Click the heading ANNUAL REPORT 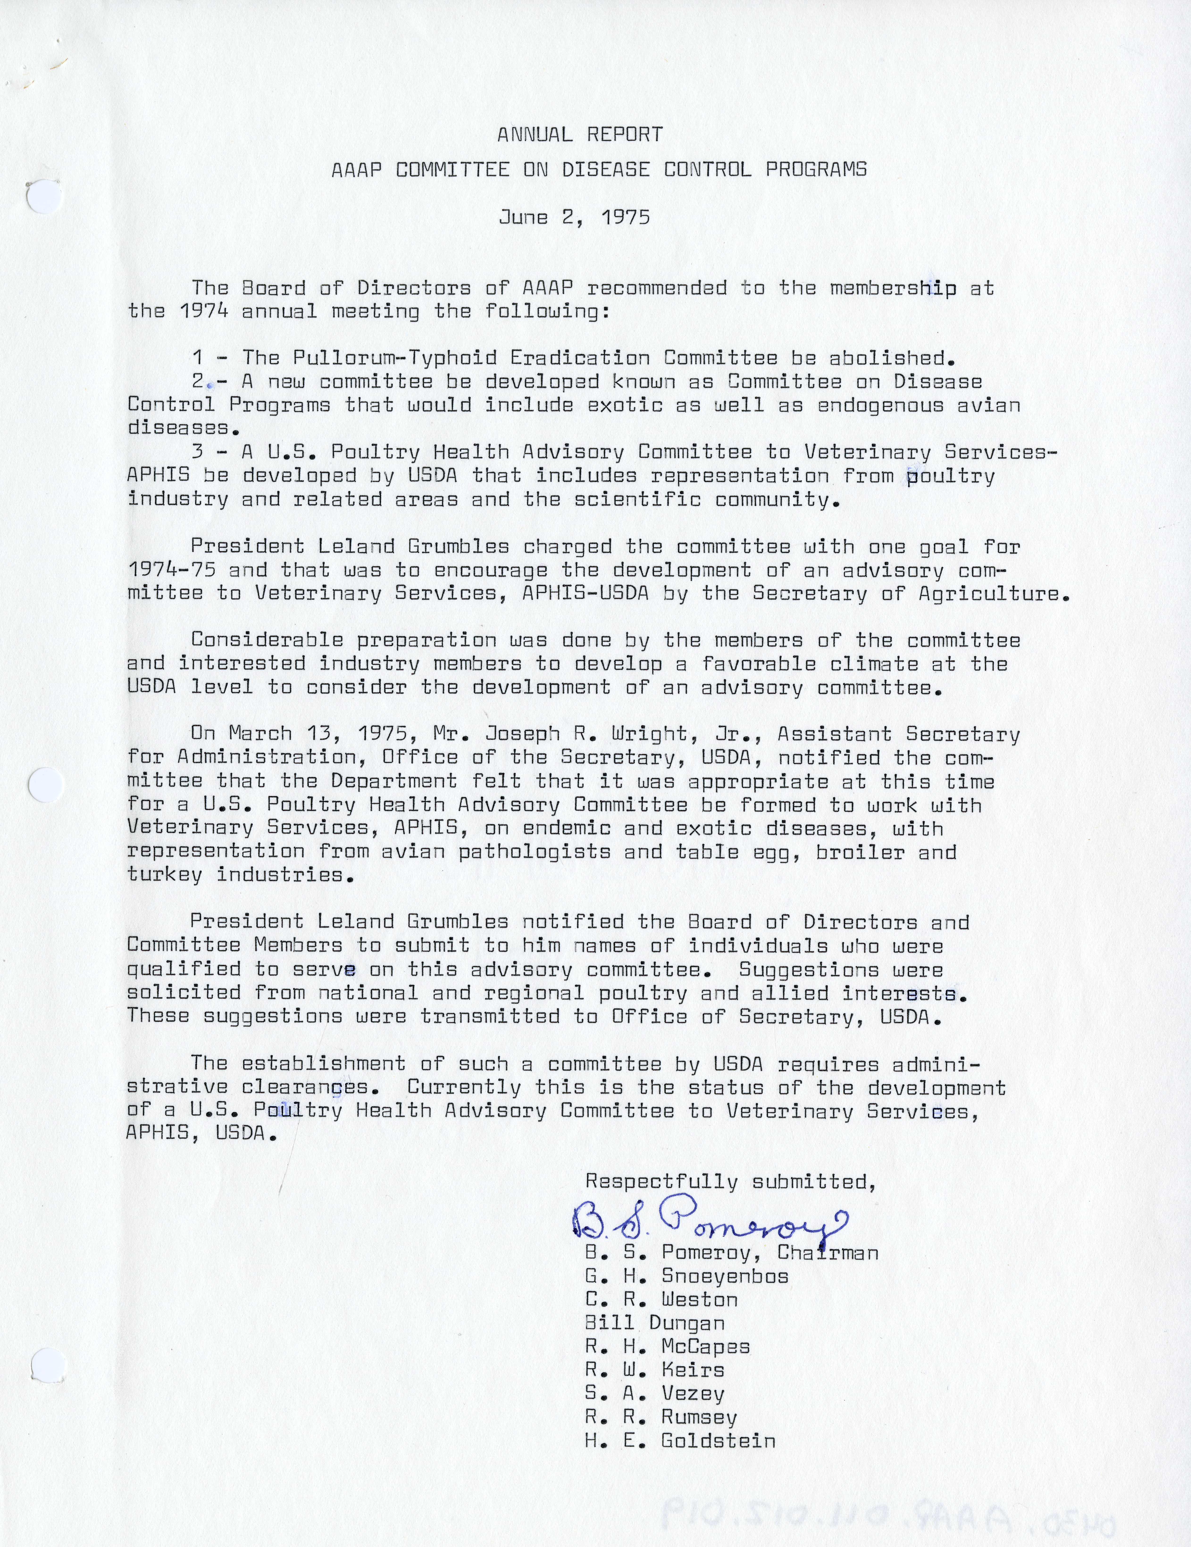tap(580, 134)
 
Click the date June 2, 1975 tap(574, 217)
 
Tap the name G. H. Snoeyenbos tap(686, 1276)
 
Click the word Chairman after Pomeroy tap(827, 1252)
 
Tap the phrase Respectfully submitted tap(730, 1181)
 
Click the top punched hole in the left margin tap(45, 197)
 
